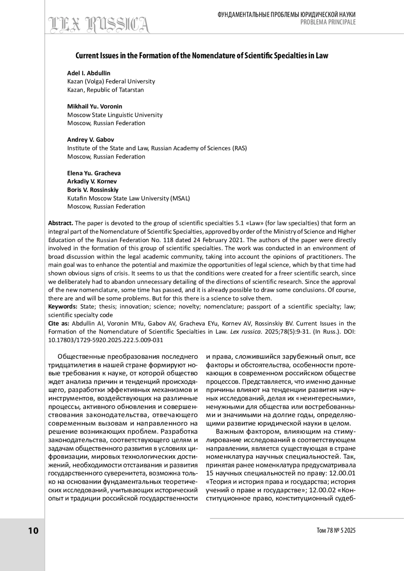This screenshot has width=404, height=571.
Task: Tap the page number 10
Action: point(33,531)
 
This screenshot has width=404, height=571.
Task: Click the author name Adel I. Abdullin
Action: point(89,73)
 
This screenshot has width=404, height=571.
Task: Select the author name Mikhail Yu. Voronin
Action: point(95,106)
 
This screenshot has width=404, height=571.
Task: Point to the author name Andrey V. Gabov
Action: point(91,140)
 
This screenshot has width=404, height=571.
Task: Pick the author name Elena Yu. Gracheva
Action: point(94,173)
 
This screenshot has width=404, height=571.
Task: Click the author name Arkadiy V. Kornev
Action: point(92,181)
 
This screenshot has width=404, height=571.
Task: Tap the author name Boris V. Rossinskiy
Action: point(93,190)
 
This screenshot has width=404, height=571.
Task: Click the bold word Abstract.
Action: point(61,223)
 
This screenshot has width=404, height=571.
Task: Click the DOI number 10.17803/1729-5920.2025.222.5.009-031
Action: point(106,340)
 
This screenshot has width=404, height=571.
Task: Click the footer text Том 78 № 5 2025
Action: point(336,531)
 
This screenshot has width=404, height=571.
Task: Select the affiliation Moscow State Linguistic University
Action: point(115,115)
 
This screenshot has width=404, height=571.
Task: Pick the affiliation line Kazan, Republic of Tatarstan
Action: point(105,90)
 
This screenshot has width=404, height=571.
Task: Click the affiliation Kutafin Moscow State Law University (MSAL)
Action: point(129,198)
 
